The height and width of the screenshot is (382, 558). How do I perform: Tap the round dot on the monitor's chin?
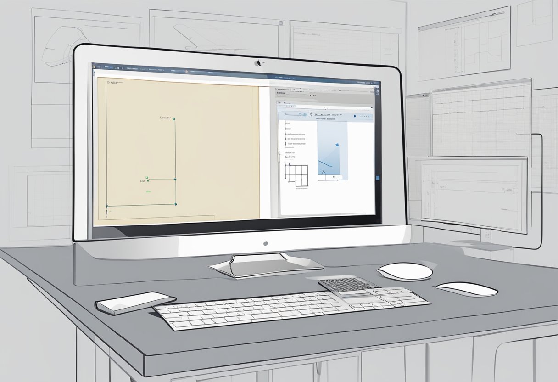click(x=265, y=243)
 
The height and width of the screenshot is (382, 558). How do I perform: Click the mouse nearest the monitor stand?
click(x=404, y=271)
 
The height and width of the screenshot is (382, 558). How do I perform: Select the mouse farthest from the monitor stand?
click(x=466, y=289)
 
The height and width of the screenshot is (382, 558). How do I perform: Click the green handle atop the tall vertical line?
click(x=174, y=119)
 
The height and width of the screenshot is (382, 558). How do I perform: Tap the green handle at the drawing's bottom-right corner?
click(x=175, y=205)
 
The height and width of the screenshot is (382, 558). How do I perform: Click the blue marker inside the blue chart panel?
click(x=337, y=146)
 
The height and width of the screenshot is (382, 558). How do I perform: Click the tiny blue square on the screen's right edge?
click(x=377, y=177)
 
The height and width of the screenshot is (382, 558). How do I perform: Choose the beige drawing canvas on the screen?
click(x=179, y=147)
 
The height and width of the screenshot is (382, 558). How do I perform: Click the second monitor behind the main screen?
click(x=473, y=193)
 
